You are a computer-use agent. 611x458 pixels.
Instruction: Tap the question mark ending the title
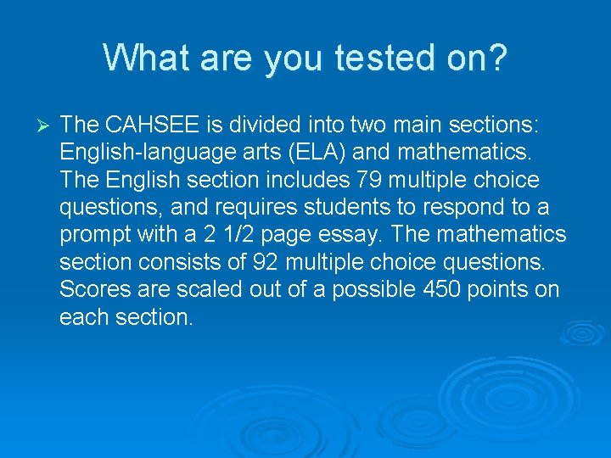point(496,59)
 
